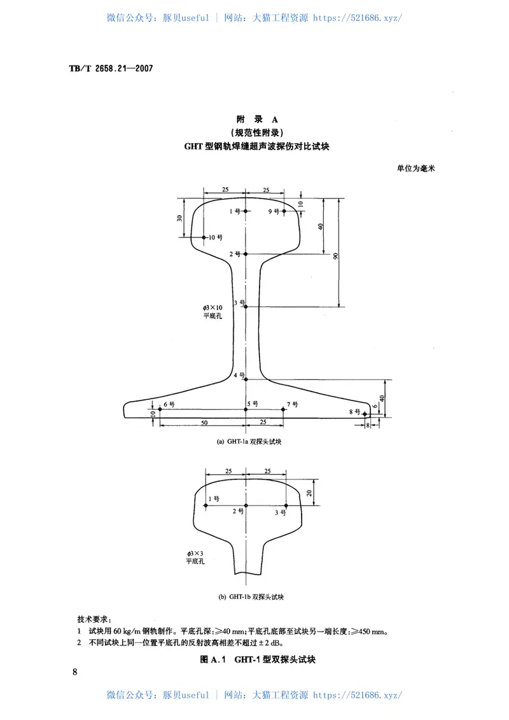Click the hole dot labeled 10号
(204, 237)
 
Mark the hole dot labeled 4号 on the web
(245, 379)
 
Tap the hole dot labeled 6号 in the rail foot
(159, 409)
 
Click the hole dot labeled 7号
(284, 409)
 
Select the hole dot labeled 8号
(365, 414)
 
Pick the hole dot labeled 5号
(245, 409)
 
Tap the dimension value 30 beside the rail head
(180, 218)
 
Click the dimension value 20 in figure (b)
(309, 493)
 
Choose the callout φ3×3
(194, 554)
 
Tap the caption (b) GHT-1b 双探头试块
(251, 596)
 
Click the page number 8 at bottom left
(76, 672)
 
